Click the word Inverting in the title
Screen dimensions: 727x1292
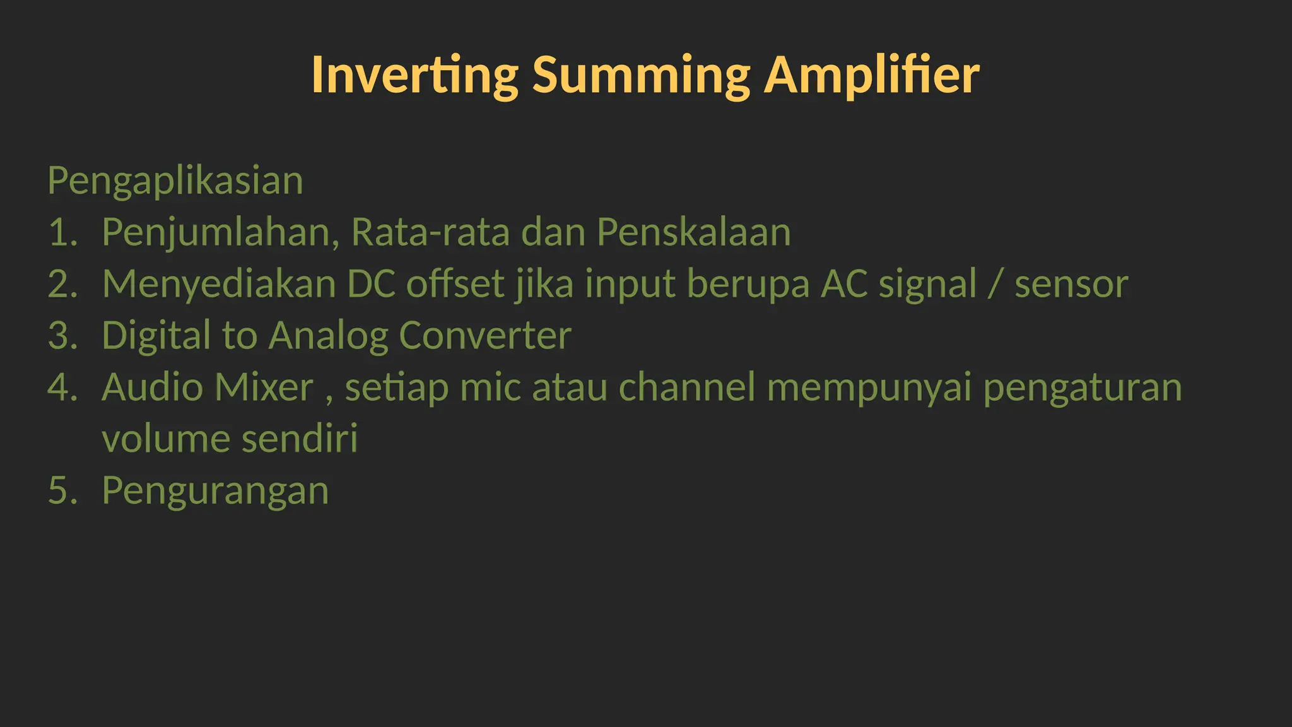414,76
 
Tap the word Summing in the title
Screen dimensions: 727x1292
641,76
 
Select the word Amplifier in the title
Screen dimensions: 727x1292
872,76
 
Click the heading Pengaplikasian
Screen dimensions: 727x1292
175,181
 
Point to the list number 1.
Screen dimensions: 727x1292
62,233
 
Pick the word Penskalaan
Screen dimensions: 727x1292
693,233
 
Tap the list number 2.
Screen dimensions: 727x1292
62,285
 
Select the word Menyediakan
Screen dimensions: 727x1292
219,285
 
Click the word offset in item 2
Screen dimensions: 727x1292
455,285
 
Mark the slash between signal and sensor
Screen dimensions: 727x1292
995,285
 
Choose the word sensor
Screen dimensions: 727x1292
1071,285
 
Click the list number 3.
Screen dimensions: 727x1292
62,336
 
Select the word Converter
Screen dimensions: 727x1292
484,336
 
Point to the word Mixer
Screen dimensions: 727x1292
264,387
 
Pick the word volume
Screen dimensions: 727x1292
165,439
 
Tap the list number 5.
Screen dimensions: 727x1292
62,491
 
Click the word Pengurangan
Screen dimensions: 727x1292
215,491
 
